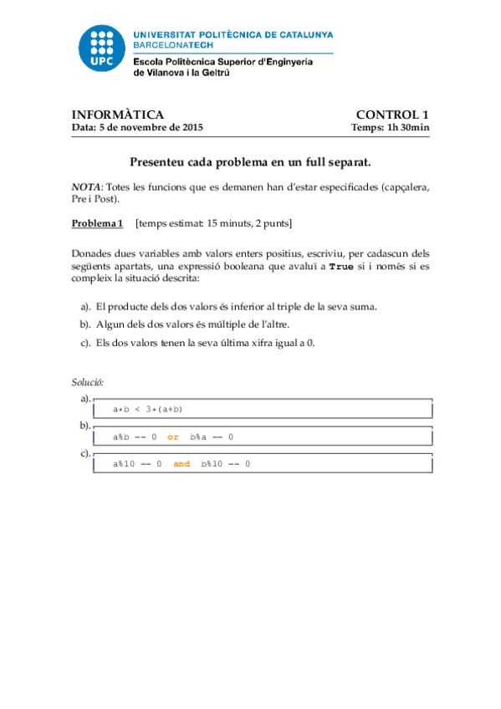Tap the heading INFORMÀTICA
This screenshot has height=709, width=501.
tap(117, 115)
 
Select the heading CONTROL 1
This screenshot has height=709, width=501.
tap(392, 115)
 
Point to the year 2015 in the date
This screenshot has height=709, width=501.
tap(191, 128)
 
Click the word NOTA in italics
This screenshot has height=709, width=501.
tap(85, 186)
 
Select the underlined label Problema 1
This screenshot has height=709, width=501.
tap(97, 223)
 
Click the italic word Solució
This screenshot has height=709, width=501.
tap(87, 382)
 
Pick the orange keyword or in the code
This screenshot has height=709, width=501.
tap(173, 436)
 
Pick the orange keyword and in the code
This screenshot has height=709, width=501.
tap(181, 464)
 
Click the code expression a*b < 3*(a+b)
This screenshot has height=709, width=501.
tap(148, 409)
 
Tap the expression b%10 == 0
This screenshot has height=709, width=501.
tap(225, 464)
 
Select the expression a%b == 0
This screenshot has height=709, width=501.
tap(135, 436)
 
